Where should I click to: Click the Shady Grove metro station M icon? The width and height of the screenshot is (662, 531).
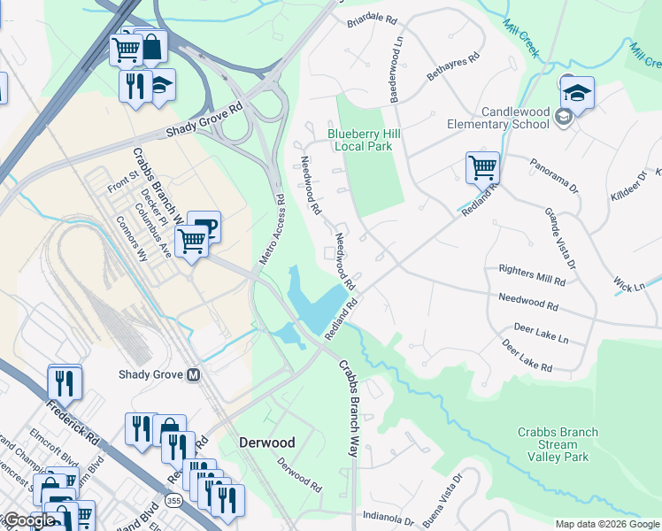point(193,374)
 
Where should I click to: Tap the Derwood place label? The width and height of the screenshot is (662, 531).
point(266,442)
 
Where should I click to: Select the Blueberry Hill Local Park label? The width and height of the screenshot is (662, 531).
point(359,140)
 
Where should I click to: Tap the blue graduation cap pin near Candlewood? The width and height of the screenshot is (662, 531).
point(577,93)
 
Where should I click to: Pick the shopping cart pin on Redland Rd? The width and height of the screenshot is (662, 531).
point(482,167)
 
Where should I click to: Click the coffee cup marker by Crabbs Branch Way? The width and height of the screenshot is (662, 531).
point(204,227)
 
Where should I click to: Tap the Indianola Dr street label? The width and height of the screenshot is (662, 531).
point(389,516)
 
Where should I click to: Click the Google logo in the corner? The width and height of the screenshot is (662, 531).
point(28,520)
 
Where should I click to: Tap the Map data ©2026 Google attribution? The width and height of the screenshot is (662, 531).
point(606,524)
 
